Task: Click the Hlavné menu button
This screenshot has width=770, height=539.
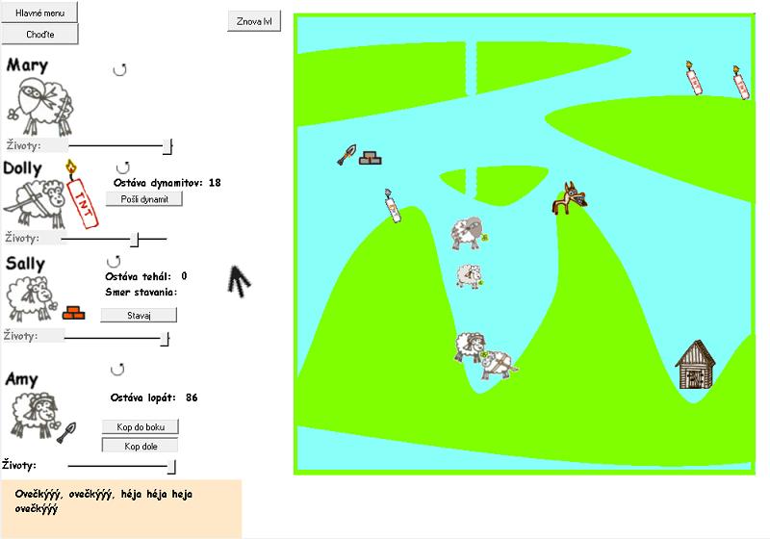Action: tap(39, 13)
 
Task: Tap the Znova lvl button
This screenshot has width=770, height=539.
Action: tap(254, 21)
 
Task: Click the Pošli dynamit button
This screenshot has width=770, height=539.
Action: tap(144, 199)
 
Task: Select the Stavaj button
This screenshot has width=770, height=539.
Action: tap(139, 315)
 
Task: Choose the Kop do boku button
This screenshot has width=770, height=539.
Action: tap(141, 426)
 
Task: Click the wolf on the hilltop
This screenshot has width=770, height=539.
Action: tap(569, 198)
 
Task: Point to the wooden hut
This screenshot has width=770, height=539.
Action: tap(695, 365)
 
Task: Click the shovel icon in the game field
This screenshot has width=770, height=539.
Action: tap(346, 155)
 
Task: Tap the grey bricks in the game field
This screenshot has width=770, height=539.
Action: tap(371, 158)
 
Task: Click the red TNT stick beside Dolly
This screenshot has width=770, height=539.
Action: tap(82, 194)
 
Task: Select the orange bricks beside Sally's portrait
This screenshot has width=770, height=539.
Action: tap(74, 313)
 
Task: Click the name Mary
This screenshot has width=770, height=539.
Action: tap(28, 65)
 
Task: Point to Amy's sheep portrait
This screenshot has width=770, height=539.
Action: tap(34, 415)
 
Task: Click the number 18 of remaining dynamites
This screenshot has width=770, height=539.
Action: tap(215, 183)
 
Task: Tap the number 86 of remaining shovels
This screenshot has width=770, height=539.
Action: tap(192, 398)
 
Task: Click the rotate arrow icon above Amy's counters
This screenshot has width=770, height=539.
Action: tap(117, 370)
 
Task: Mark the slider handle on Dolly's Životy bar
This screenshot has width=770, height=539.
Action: tap(135, 239)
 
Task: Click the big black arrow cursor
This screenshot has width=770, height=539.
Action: tap(239, 281)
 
